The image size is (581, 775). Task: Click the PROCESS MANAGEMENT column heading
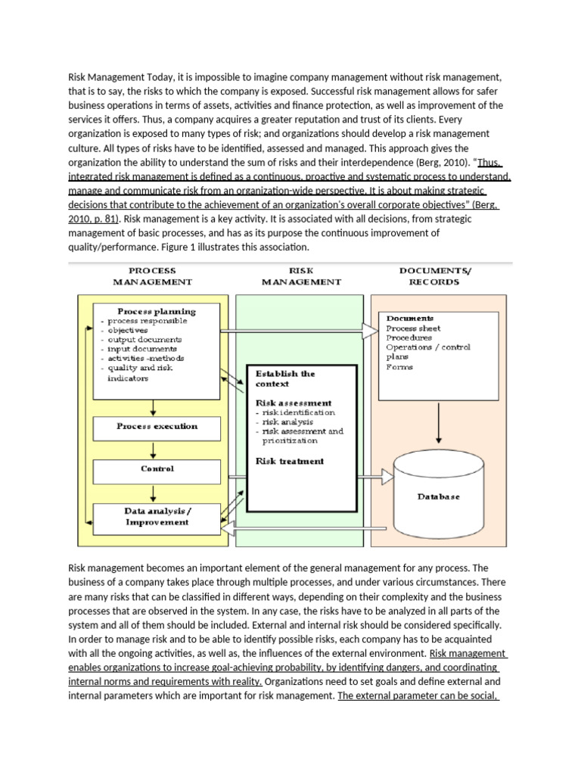click(153, 275)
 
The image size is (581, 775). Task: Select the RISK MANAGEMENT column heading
click(301, 275)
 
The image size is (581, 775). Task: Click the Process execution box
click(157, 427)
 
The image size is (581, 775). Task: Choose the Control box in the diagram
click(157, 469)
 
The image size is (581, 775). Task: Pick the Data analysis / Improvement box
click(157, 517)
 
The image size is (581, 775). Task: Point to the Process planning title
click(156, 311)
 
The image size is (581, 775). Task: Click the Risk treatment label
click(290, 461)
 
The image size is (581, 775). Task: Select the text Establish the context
click(285, 378)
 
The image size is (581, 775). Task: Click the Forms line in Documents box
click(399, 367)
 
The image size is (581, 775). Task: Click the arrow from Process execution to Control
click(154, 450)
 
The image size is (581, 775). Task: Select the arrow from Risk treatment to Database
click(374, 477)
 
